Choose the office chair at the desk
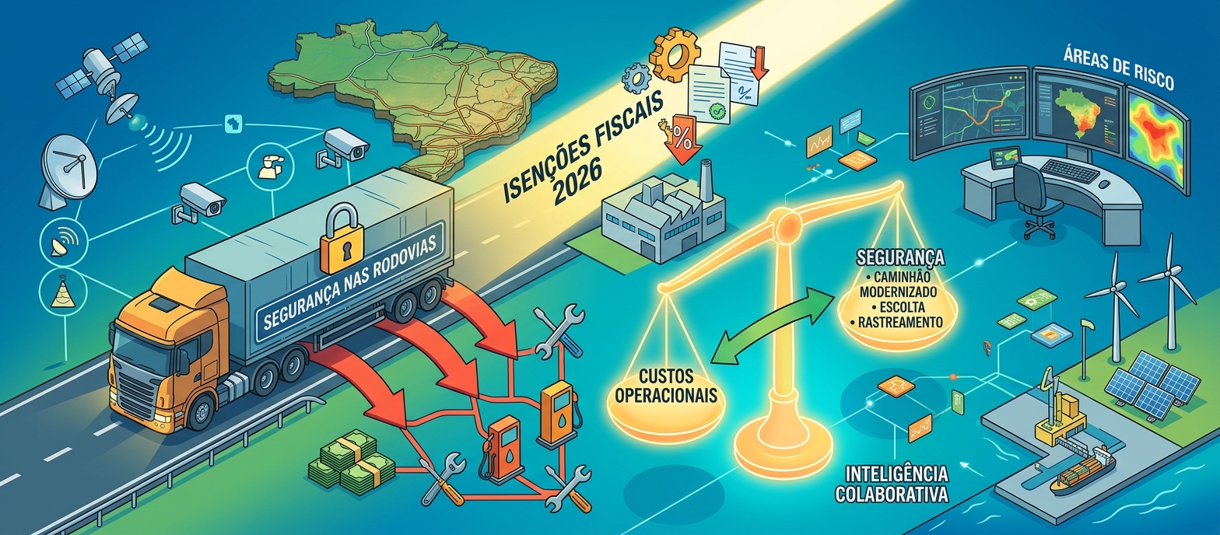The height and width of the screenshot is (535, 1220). point(1039,198)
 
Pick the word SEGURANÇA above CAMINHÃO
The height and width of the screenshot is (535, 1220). point(899,257)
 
